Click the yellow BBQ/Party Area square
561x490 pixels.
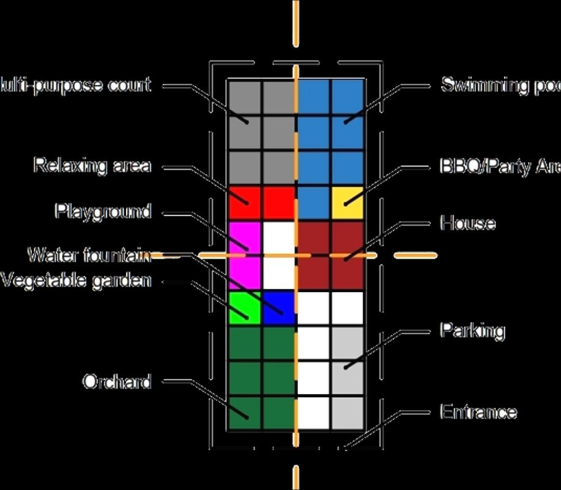[347, 202]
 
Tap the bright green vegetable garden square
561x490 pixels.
[245, 308]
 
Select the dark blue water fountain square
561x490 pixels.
[279, 308]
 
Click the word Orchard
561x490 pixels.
[117, 382]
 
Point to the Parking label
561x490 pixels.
[472, 330]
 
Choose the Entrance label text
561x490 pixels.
[478, 412]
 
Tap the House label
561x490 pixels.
[468, 223]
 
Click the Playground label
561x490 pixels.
[103, 212]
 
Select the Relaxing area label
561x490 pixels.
[92, 165]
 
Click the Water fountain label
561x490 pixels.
[89, 255]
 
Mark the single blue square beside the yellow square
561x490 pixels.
[313, 202]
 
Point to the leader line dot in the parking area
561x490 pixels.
[345, 367]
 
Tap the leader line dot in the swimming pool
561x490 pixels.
[345, 122]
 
